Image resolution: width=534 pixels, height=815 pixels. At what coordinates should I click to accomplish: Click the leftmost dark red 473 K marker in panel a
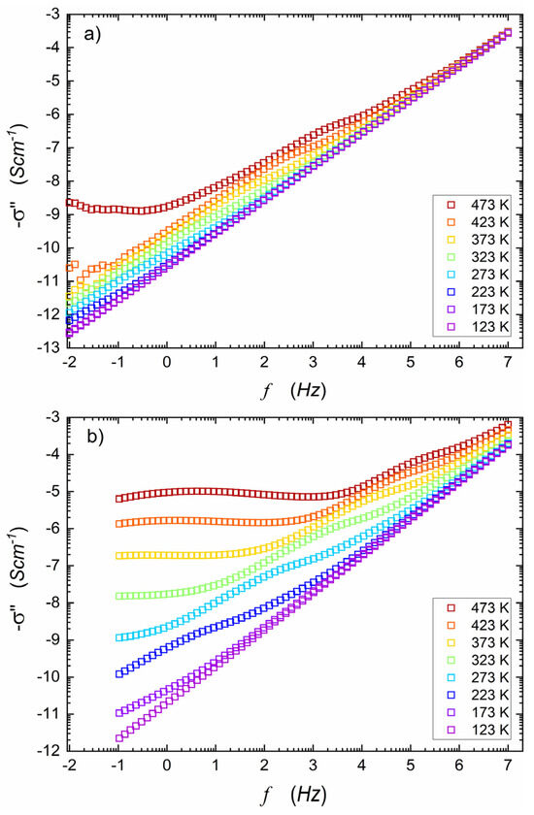coord(69,202)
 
